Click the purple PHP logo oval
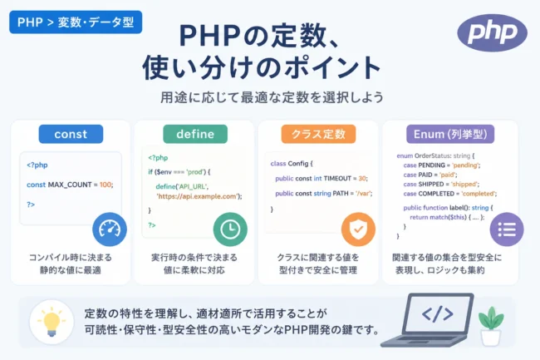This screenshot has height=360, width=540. tap(492, 32)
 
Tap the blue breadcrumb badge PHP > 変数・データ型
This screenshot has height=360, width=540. tap(76, 22)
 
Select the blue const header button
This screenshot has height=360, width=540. tap(71, 134)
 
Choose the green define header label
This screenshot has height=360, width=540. tap(195, 134)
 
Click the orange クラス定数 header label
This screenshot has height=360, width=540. tap(318, 134)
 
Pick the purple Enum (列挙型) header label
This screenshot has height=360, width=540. tap(450, 134)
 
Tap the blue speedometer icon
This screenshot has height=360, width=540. tap(110, 229)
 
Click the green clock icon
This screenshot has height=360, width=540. tap(230, 229)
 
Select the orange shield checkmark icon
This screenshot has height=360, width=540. tap(358, 229)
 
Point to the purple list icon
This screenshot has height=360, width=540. tap(507, 229)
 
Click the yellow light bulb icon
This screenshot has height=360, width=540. tap(52, 322)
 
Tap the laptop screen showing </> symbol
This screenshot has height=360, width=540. tap(437, 314)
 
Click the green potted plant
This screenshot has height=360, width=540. tap(491, 326)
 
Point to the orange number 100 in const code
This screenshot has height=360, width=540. tap(105, 185)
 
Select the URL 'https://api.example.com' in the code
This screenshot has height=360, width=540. tap(198, 196)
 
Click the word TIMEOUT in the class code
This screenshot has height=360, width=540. tap(337, 179)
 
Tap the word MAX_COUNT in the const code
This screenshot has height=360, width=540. tap(70, 185)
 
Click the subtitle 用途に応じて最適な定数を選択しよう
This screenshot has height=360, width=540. tap(272, 97)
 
